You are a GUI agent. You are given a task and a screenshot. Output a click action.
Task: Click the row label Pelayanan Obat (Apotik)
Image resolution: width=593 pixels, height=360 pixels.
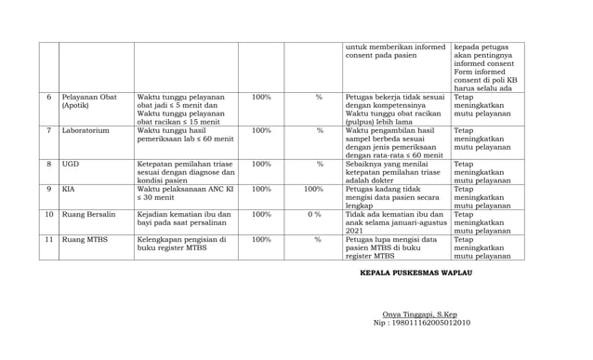pyautogui.click(x=89, y=101)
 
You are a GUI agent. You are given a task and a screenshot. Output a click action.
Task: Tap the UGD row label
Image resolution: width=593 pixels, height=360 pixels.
pyautogui.click(x=71, y=165)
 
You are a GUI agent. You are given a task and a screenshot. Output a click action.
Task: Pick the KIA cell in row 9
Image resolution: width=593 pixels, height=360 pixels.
pyautogui.click(x=69, y=189)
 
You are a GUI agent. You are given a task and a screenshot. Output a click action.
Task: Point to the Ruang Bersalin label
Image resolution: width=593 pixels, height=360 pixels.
pyautogui.click(x=89, y=215)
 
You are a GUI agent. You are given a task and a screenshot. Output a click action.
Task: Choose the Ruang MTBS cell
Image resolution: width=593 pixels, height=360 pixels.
pyautogui.click(x=85, y=240)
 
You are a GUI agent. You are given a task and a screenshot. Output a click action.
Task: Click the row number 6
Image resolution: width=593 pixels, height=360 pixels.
pyautogui.click(x=49, y=97)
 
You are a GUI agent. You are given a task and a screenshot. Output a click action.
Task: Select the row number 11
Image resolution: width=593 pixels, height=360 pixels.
pyautogui.click(x=49, y=240)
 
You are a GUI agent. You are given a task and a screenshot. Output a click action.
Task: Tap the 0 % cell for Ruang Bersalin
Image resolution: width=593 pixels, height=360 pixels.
pyautogui.click(x=313, y=215)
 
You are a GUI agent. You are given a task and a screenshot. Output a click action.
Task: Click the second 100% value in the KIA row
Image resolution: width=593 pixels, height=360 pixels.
pyautogui.click(x=313, y=189)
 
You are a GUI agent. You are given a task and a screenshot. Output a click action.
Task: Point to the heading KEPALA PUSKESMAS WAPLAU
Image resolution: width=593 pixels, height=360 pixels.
pyautogui.click(x=415, y=273)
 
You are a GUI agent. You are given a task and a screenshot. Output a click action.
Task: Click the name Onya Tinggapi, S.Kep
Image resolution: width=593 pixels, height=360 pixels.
pyautogui.click(x=420, y=314)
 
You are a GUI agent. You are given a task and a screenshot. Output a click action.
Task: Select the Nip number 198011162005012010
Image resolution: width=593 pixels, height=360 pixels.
pyautogui.click(x=422, y=324)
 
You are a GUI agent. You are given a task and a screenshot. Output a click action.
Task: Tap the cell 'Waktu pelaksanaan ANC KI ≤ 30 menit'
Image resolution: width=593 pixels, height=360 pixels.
pyautogui.click(x=185, y=193)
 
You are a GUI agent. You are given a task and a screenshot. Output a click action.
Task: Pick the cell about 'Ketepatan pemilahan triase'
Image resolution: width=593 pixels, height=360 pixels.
pyautogui.click(x=185, y=172)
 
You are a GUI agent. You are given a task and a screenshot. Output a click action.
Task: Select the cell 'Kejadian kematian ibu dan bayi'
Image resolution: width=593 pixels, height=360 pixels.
pyautogui.click(x=185, y=220)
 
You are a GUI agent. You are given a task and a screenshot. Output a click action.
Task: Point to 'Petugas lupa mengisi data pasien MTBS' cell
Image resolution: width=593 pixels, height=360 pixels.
pyautogui.click(x=395, y=247)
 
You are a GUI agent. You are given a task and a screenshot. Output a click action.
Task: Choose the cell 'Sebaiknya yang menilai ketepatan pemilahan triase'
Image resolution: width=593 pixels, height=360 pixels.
pyautogui.click(x=395, y=172)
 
